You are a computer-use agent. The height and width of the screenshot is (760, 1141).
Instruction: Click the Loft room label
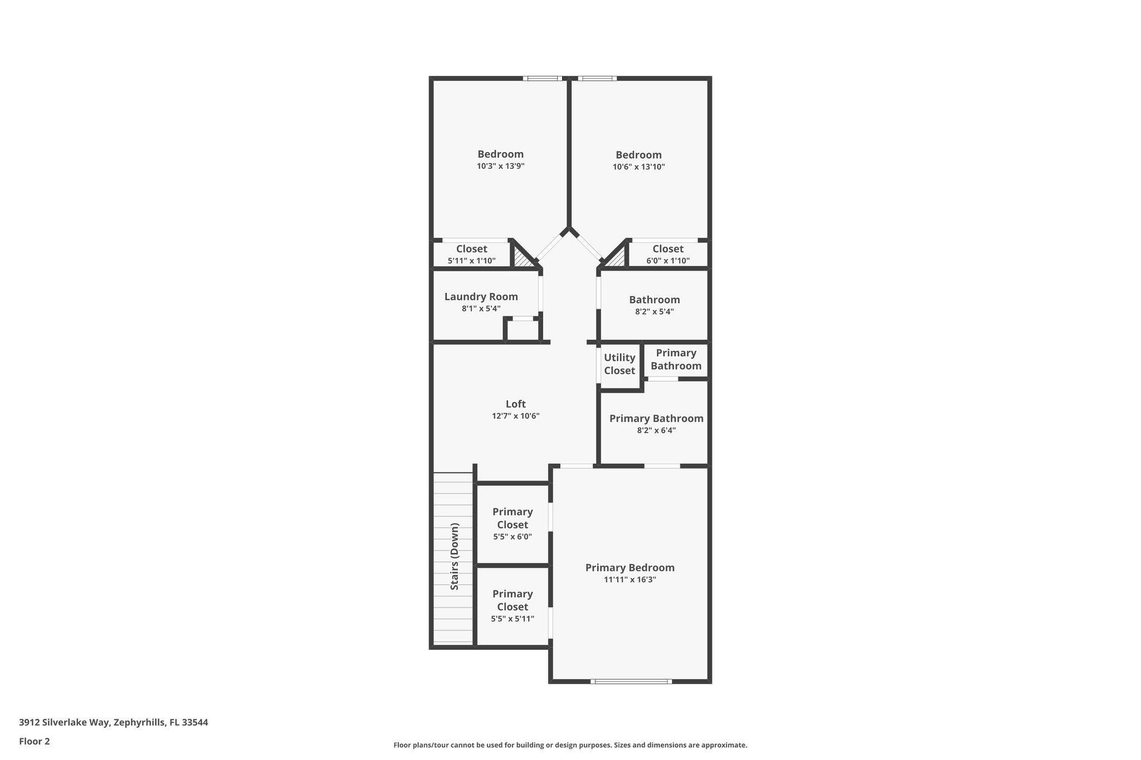515,404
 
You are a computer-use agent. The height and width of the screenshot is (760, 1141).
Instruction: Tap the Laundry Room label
481,297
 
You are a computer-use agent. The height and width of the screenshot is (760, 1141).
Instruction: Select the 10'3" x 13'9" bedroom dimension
500,166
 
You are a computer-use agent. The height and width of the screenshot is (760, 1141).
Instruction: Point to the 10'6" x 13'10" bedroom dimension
638,166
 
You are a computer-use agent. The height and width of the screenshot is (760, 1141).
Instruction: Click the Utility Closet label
619,364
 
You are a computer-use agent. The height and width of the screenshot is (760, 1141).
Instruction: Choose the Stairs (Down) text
455,556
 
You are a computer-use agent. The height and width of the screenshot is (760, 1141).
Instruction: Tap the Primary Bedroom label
630,567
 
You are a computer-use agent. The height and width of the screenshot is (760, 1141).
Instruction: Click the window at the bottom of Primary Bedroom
631,681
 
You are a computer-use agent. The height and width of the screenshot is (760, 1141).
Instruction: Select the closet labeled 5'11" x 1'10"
471,254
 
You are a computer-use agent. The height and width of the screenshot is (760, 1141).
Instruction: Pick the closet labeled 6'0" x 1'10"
667,254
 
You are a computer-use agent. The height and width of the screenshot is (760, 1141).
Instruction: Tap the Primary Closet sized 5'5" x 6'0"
512,524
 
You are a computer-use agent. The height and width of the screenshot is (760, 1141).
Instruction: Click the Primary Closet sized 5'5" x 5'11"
512,606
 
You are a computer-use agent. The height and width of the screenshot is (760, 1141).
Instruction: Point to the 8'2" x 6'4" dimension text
656,430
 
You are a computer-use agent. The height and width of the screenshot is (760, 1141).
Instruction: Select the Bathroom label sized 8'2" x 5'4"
654,300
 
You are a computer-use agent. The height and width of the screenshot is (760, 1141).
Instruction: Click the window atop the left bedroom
543,79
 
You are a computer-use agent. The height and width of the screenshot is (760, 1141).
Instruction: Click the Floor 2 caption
34,741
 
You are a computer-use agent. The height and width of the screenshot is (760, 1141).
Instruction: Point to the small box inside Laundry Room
523,330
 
